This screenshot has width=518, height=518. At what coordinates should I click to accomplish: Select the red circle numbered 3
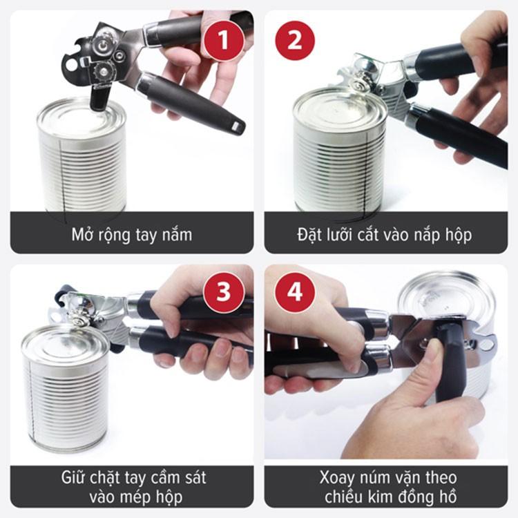(224, 292)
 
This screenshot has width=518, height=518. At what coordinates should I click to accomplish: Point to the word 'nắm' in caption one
(175, 234)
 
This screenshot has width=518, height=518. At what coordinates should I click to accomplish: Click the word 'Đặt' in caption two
(302, 233)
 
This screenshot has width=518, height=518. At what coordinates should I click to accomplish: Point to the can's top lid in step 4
(445, 297)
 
